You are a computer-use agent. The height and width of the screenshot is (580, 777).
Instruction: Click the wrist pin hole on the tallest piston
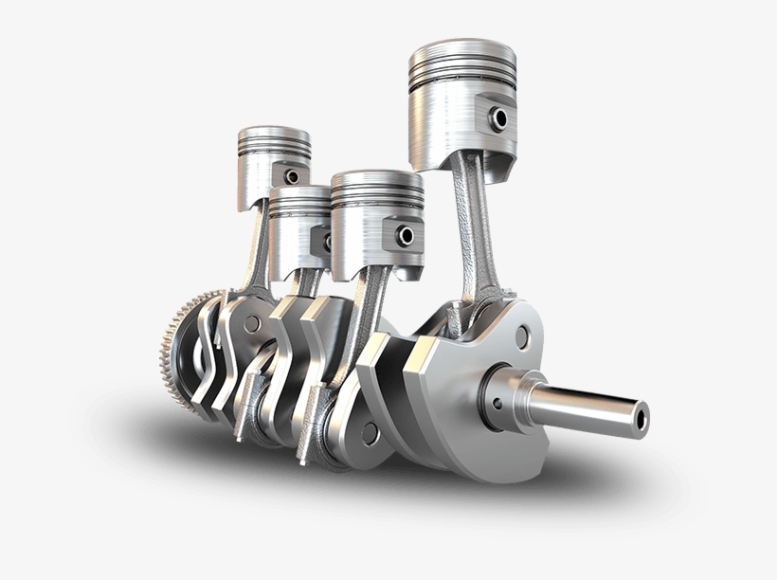pyautogui.click(x=495, y=118)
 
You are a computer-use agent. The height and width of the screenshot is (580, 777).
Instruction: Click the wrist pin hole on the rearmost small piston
pyautogui.click(x=292, y=176)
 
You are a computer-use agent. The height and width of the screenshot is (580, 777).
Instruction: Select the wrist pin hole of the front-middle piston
pyautogui.click(x=406, y=234)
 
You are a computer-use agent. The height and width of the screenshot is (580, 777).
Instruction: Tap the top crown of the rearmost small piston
pyautogui.click(x=273, y=133)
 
